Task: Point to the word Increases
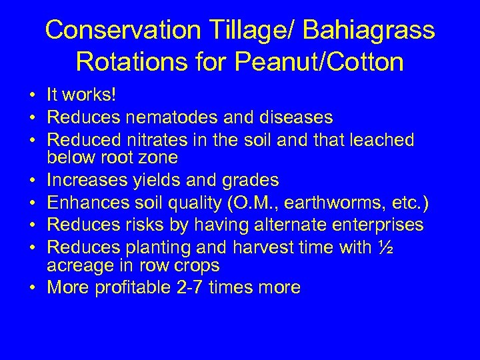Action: pyautogui.click(x=89, y=180)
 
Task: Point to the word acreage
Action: pyautogui.click(x=81, y=265)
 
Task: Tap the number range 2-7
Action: pyautogui.click(x=193, y=287)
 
